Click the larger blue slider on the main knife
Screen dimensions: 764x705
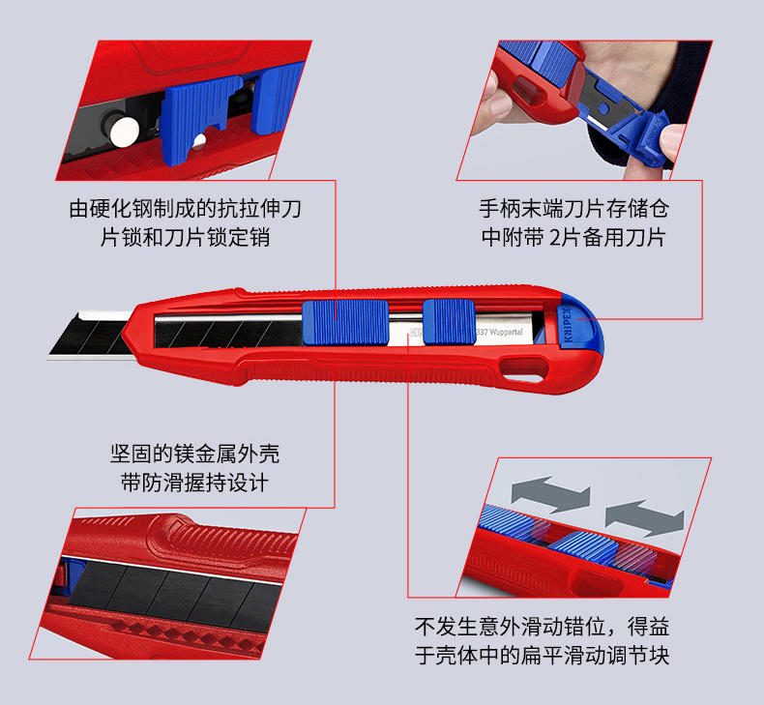click(345, 323)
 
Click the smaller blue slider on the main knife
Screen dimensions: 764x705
click(449, 322)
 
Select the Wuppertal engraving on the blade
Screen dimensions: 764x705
click(499, 332)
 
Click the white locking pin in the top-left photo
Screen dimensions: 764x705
click(124, 132)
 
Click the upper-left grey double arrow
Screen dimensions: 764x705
click(550, 494)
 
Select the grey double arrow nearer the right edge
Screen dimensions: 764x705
click(645, 518)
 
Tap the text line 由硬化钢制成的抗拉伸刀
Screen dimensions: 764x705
click(185, 209)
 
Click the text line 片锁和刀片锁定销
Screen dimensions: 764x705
click(185, 238)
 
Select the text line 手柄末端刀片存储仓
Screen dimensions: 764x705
click(574, 209)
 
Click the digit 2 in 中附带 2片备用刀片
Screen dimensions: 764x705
click(555, 238)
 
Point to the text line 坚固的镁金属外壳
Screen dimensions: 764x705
click(195, 454)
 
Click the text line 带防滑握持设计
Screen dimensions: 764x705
click(195, 483)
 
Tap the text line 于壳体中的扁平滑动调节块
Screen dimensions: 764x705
click(542, 656)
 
